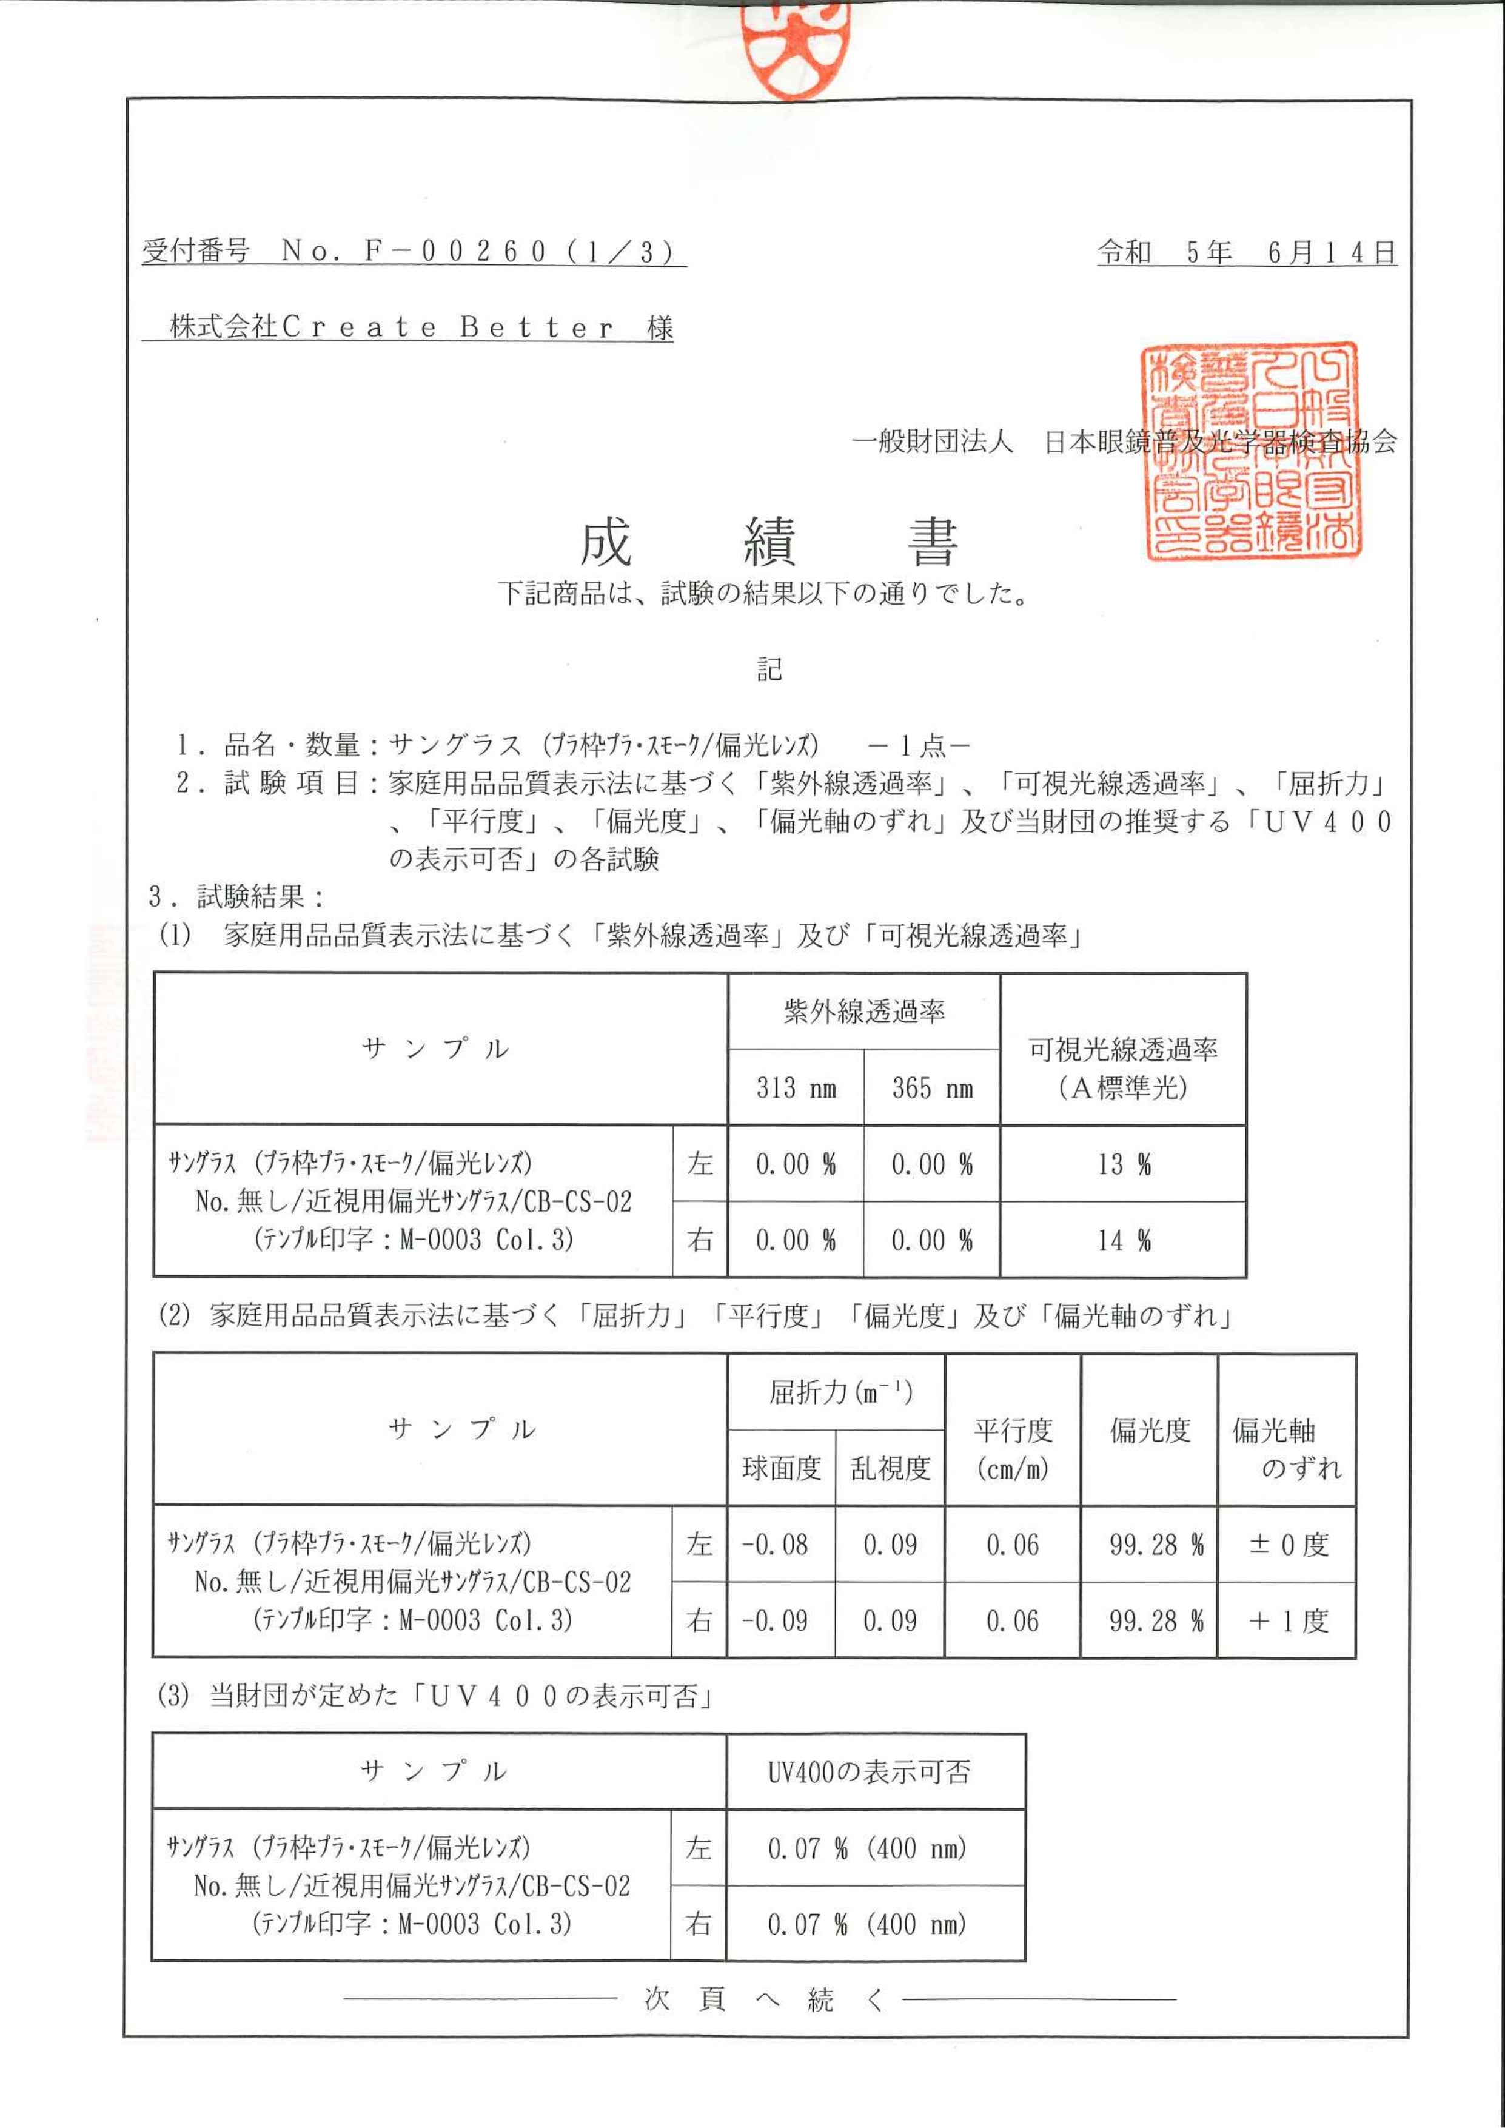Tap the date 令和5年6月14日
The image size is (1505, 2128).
coord(1247,252)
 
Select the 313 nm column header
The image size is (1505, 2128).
coord(795,1088)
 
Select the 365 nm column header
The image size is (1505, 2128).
coord(931,1088)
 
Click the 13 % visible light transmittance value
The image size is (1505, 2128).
coord(1123,1164)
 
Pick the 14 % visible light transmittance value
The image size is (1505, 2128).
coord(1123,1240)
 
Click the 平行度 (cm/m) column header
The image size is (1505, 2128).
coord(1012,1449)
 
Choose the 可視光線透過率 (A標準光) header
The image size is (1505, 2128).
coord(1122,1068)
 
